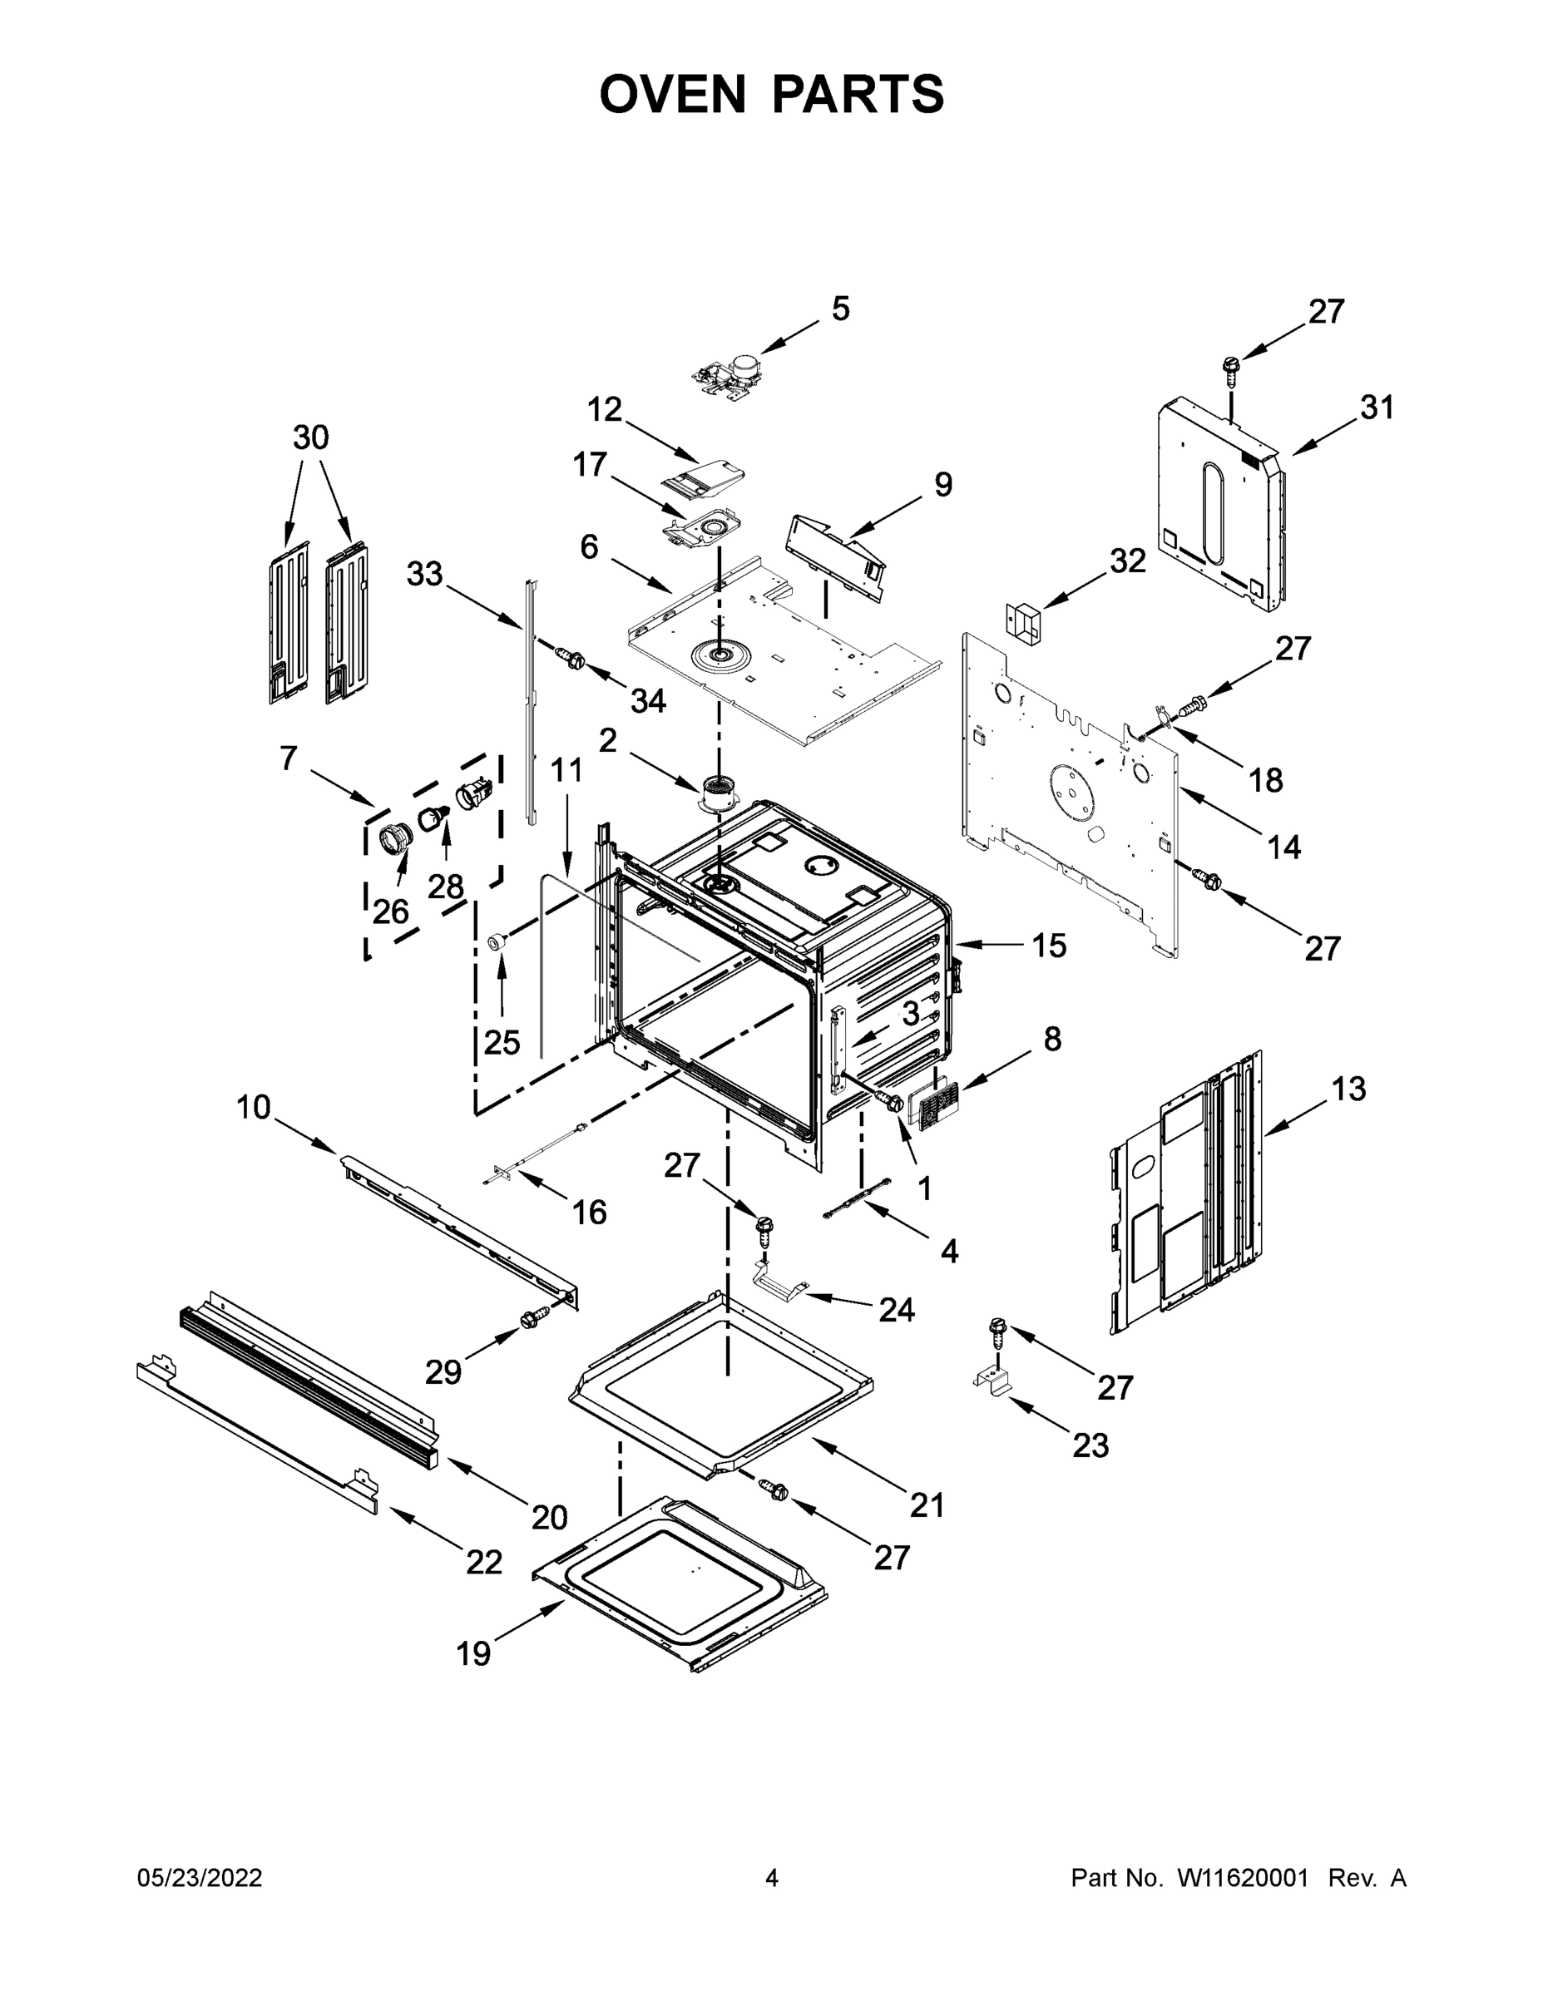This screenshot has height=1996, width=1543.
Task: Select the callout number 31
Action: (1377, 408)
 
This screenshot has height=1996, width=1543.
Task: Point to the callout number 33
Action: (424, 575)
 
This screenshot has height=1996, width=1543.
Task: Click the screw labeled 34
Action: (571, 657)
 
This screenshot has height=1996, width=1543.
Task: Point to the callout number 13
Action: (1348, 1089)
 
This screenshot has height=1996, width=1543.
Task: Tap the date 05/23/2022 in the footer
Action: (200, 1877)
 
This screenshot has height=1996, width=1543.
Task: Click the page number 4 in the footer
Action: (772, 1877)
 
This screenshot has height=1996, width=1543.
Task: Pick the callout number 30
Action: (311, 437)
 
